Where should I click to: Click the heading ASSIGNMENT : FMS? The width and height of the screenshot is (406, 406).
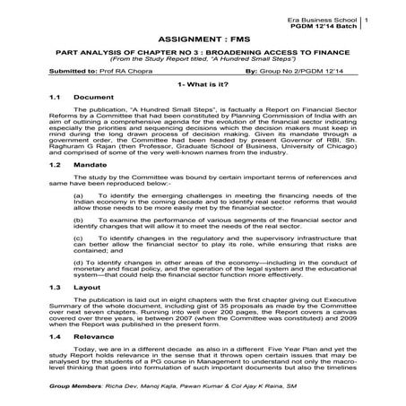[x=202, y=40]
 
